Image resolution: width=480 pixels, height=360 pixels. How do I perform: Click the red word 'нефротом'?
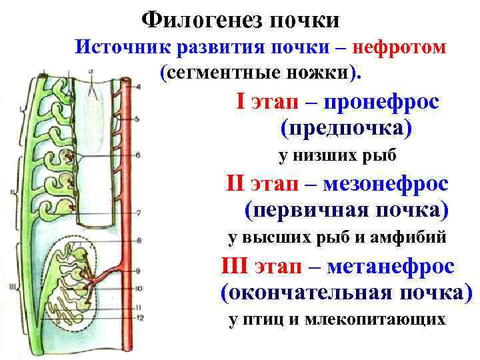coord(399,47)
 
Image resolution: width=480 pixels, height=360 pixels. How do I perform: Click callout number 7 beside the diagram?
coord(137,213)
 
